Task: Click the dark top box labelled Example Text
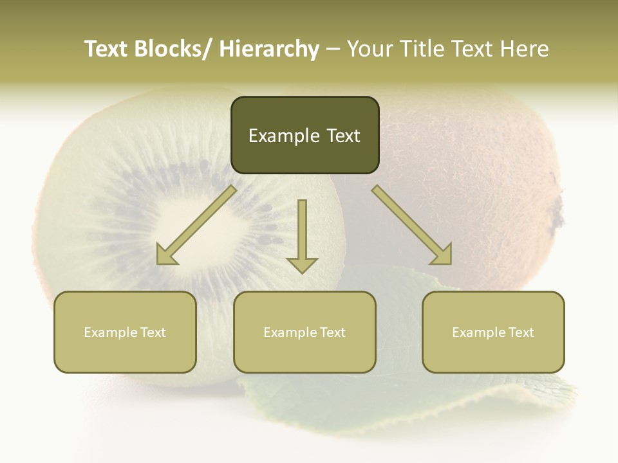pos(304,135)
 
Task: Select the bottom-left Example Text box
pos(125,332)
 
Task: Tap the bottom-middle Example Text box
pos(304,332)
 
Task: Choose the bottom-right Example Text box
pos(493,332)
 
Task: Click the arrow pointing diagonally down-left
pos(196,225)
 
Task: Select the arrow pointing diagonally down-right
pos(412,225)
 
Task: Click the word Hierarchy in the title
pos(269,50)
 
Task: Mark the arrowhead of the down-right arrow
pos(442,255)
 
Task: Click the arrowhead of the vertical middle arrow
pos(302,264)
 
